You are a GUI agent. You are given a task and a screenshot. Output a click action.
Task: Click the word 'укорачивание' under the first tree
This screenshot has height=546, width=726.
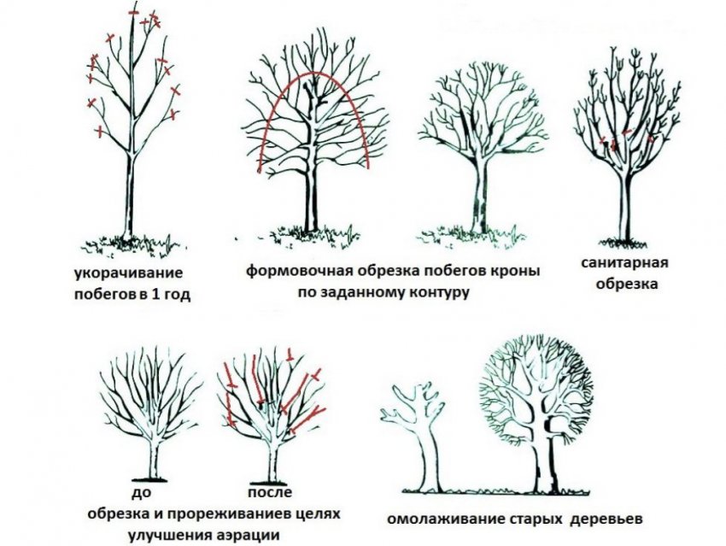click(128, 274)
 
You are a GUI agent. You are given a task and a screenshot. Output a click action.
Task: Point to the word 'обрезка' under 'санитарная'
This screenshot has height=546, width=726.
click(627, 285)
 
